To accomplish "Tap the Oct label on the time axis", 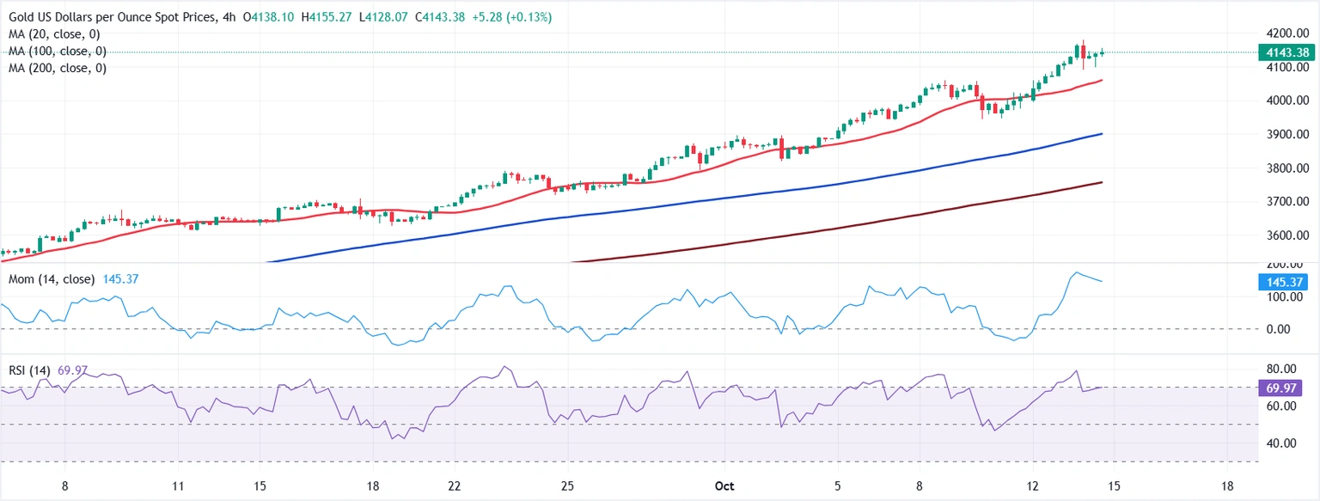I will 724,486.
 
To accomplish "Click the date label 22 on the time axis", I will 455,486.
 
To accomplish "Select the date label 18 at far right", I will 1227,486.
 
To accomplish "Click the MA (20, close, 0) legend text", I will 55,34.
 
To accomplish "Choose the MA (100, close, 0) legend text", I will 58,52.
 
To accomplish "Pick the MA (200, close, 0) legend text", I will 58,68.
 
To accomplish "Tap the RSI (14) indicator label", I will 29,370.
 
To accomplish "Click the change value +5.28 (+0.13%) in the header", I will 510,17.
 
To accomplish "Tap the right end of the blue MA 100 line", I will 1103,133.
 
